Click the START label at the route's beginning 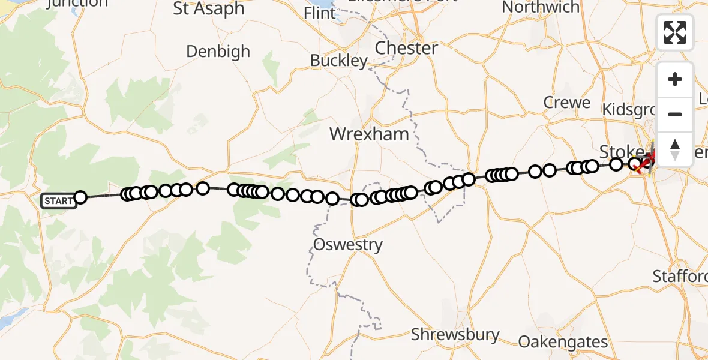pyautogui.click(x=58, y=200)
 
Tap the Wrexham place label pyautogui.click(x=369, y=134)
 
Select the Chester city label pyautogui.click(x=406, y=48)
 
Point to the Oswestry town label pyautogui.click(x=348, y=244)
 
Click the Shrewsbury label pyautogui.click(x=455, y=334)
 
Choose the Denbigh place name pyautogui.click(x=218, y=52)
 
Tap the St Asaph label pyautogui.click(x=209, y=8)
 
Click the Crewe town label pyautogui.click(x=567, y=103)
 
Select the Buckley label pyautogui.click(x=339, y=61)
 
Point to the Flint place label pyautogui.click(x=320, y=13)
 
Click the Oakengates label pyautogui.click(x=563, y=343)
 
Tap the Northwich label pyautogui.click(x=541, y=7)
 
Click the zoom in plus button pyautogui.click(x=675, y=79)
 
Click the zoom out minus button pyautogui.click(x=675, y=114)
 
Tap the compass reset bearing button pyautogui.click(x=675, y=149)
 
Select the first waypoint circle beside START pyautogui.click(x=80, y=197)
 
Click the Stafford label pyautogui.click(x=680, y=277)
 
